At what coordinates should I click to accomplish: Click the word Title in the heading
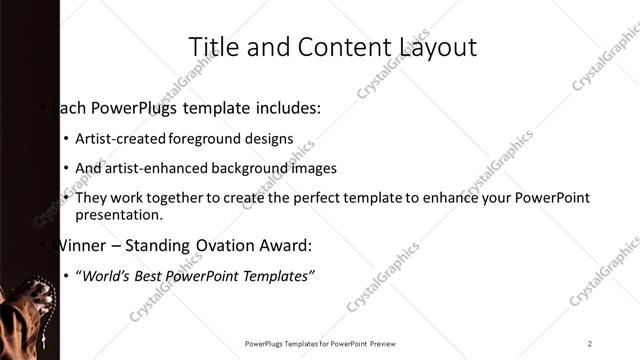212,47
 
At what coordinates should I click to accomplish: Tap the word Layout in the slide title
437,47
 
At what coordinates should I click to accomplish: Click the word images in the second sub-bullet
314,168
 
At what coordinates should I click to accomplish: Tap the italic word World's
105,276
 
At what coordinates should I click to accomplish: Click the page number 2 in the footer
590,343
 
